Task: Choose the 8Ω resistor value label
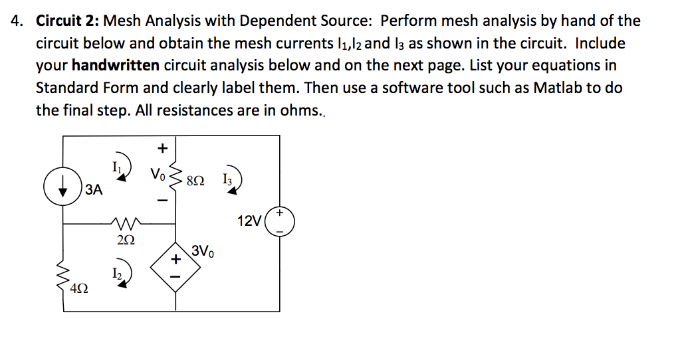[x=196, y=180]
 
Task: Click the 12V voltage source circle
[x=279, y=222]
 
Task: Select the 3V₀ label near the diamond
[x=203, y=252]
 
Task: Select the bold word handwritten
[x=116, y=66]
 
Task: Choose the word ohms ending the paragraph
[x=302, y=110]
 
